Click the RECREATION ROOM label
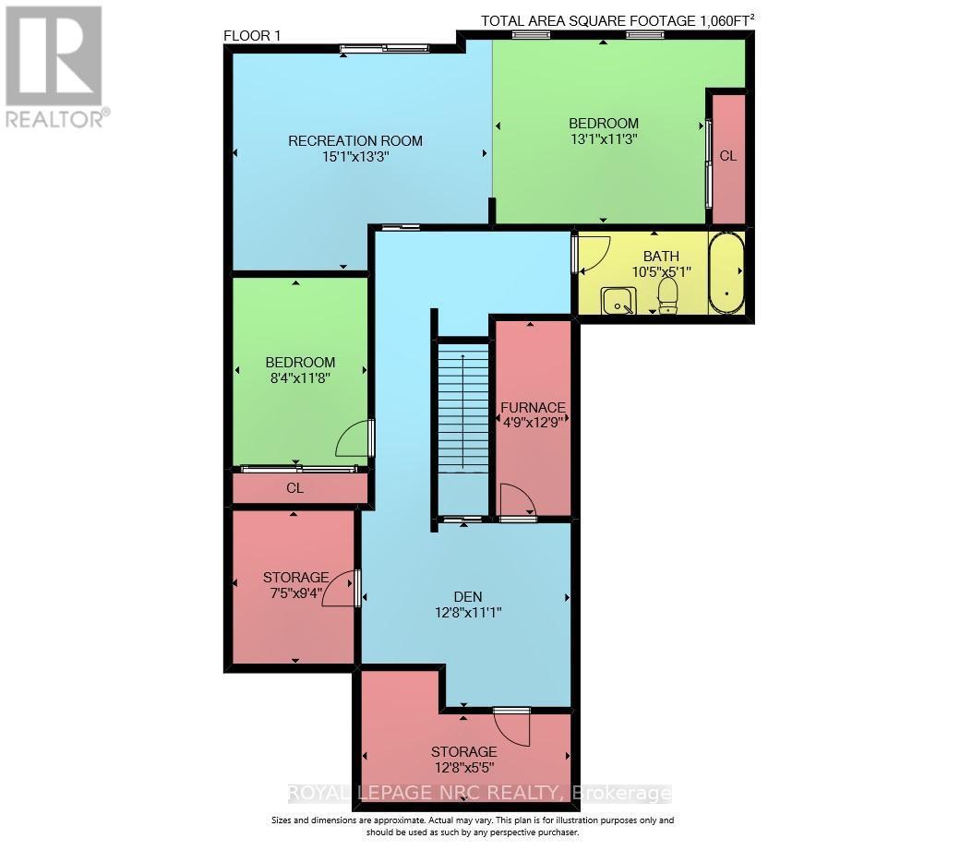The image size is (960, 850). click(355, 141)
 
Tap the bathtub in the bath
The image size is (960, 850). click(726, 274)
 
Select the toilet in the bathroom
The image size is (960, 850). click(667, 294)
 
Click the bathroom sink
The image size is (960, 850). click(617, 300)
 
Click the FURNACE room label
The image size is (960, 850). click(533, 407)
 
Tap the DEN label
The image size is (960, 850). click(467, 596)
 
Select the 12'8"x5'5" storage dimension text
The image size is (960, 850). click(463, 766)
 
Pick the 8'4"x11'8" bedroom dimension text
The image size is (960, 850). click(299, 377)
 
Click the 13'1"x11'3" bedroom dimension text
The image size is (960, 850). click(603, 138)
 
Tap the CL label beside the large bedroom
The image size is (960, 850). click(727, 156)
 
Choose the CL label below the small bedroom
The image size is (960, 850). click(294, 488)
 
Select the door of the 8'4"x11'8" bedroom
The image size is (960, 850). click(354, 440)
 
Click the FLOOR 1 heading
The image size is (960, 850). click(252, 36)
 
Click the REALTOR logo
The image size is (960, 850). click(54, 65)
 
